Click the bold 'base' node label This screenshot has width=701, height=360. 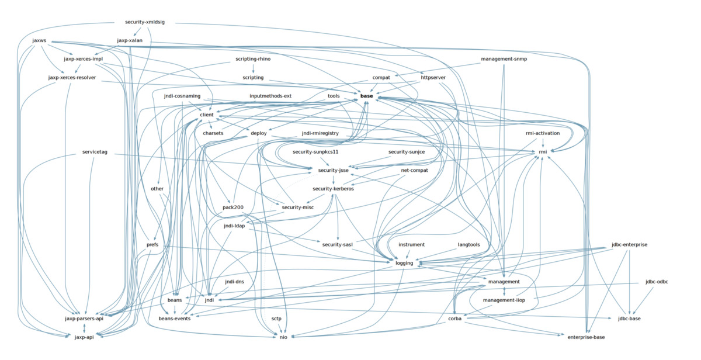coord(366,96)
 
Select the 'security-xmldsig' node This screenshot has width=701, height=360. coord(145,22)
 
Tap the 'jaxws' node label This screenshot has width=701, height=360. coord(40,41)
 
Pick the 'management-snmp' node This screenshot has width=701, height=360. coord(504,59)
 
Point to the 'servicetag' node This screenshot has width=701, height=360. coord(95,152)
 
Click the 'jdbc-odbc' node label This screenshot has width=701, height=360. coord(657,282)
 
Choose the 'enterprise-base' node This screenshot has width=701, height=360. coord(586,337)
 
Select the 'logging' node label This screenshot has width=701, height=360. coord(404,263)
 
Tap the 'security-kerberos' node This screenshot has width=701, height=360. coord(333,189)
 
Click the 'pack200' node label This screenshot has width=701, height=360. coord(233,207)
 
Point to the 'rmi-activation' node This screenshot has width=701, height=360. coord(543,133)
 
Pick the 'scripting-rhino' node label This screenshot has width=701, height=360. coord(253,59)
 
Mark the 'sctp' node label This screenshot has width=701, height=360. coord(276,319)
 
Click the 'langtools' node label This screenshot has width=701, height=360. coord(469,244)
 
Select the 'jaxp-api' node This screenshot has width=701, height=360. coord(84,337)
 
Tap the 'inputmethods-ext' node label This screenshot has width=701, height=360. coord(270,96)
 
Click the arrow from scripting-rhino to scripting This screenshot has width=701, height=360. coord(253,68)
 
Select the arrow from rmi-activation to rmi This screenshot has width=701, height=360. coord(543,143)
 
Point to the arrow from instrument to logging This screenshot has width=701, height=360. coord(408,254)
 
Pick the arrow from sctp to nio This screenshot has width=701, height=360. coord(279,328)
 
